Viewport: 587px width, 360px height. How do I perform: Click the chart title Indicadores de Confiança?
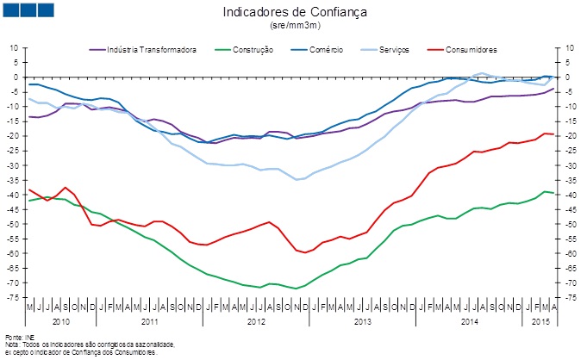pos(295,12)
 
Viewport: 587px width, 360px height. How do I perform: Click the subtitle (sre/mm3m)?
pos(295,26)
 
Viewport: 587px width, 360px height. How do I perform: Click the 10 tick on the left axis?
pos(16,48)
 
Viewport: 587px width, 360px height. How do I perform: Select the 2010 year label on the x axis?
pos(60,320)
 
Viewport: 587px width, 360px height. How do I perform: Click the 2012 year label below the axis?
pos(256,320)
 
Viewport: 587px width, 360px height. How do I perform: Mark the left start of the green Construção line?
pos(29,201)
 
